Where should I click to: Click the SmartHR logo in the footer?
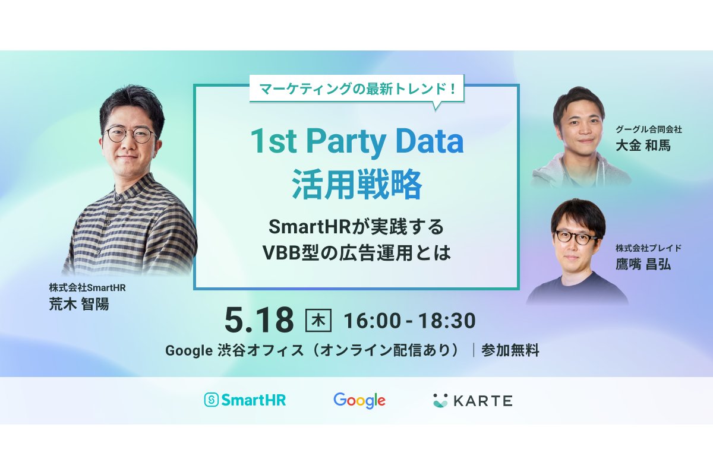(x=245, y=400)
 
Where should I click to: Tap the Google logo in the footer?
(x=359, y=400)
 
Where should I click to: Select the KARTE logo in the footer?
(x=473, y=401)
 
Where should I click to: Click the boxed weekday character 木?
(x=318, y=320)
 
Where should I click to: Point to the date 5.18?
(x=259, y=320)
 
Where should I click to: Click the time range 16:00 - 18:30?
(x=409, y=321)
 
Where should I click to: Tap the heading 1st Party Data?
(x=356, y=142)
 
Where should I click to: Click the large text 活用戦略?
(x=357, y=184)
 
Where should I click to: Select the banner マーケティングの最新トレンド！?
(x=357, y=88)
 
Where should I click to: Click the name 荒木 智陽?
(x=79, y=304)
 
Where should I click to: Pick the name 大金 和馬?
(x=643, y=145)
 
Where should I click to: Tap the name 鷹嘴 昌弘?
(x=643, y=264)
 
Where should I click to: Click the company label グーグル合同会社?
(x=649, y=129)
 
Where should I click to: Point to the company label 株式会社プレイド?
(x=648, y=248)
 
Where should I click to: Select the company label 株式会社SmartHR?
(x=87, y=287)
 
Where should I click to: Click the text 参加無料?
(x=510, y=350)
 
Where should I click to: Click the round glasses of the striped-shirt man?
(x=131, y=135)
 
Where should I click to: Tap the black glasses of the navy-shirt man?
(x=576, y=237)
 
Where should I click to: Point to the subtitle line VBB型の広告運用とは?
(x=357, y=253)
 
